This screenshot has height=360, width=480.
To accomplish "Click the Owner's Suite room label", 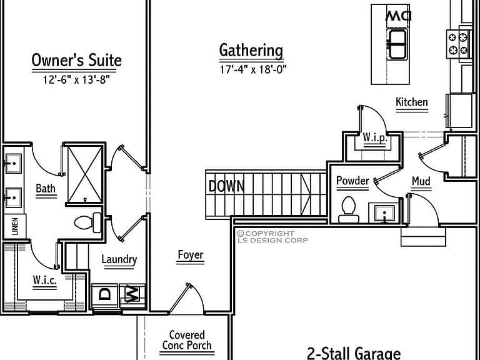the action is pos(76,60).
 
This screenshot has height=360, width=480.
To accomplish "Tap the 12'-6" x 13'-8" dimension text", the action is pos(76,80).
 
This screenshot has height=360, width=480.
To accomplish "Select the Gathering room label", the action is pos(251,51).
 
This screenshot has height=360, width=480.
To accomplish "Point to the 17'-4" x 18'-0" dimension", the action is pos(253,69).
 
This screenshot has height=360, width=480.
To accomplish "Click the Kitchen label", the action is pos(412,102).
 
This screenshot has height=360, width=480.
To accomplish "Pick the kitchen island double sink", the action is pos(397,44).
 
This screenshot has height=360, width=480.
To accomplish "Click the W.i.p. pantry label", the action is pos(375,137).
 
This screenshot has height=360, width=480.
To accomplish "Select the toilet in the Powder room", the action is pos(348,210).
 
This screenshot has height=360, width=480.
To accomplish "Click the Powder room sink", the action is pos(384,212).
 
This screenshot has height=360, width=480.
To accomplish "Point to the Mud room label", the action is pos(421,181).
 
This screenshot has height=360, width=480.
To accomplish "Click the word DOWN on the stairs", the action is pos(226,186).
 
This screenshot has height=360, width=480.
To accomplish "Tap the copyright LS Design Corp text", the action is pos(272,237).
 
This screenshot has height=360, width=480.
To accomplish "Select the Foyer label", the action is pos(191,255).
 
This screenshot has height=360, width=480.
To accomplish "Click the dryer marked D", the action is pos(105,296).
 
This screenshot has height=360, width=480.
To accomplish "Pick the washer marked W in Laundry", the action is pos(132,294).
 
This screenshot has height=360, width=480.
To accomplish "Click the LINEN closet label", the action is pos(15,226).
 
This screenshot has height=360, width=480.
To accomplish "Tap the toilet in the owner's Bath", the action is pos(88,222).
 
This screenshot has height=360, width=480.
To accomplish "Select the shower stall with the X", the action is pos(85,174).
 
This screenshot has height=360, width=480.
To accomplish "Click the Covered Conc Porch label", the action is pos(187,340).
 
